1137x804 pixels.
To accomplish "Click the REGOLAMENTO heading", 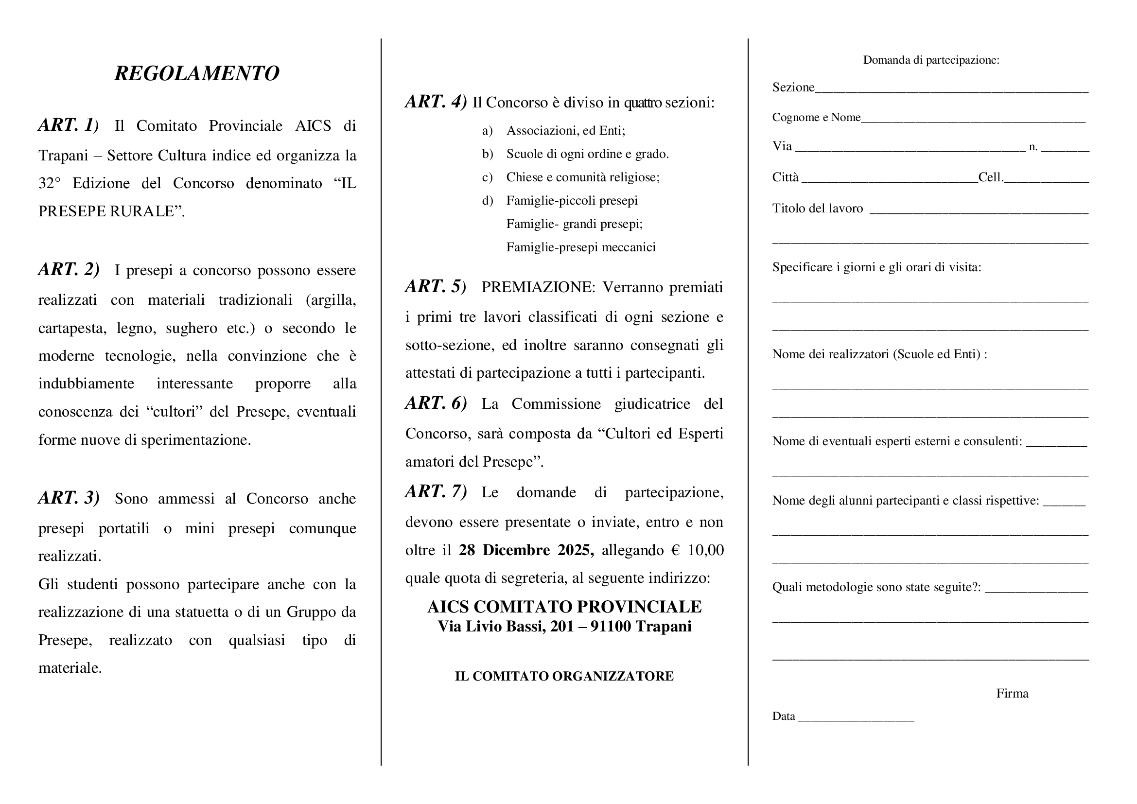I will point(196,73).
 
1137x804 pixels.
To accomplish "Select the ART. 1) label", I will point(69,125).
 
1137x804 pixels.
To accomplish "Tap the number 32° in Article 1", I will point(49,184).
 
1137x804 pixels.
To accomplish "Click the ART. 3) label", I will point(69,498).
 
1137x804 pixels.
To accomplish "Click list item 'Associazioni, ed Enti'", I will point(565,131).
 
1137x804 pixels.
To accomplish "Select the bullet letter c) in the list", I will point(487,177).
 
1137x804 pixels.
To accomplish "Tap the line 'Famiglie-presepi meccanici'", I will point(580,247).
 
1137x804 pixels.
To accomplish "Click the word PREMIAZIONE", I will point(538,287).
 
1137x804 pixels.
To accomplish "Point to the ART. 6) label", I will point(436,403).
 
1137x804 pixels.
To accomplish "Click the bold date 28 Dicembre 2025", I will point(526,550).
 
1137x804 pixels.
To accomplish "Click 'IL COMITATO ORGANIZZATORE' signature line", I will point(564,676).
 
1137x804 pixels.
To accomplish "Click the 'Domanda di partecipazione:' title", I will point(931,60).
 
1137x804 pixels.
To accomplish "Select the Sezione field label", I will point(793,87).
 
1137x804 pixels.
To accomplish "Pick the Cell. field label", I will point(990,178).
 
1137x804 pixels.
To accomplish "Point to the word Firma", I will point(1012,694).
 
